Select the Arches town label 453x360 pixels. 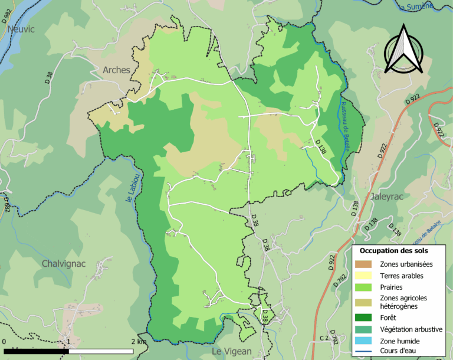tap(116, 70)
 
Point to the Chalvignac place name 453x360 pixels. tap(65, 263)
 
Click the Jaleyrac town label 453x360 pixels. tap(386, 197)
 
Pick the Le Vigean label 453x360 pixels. tap(232, 351)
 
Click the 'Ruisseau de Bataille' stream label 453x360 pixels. tap(345, 127)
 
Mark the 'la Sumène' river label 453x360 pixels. tap(416, 7)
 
